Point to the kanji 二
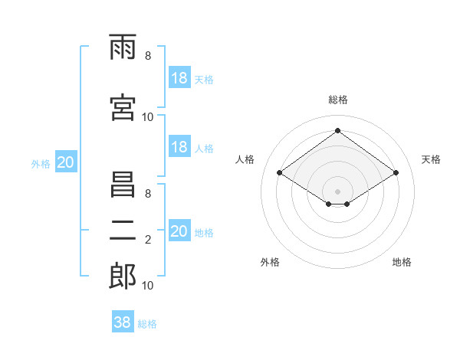[x=123, y=231]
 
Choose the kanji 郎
[x=123, y=277]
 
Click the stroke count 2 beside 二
[x=148, y=240]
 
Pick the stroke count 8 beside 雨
[x=148, y=56]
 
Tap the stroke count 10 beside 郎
[x=148, y=286]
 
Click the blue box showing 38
[x=123, y=322]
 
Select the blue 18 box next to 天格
[x=179, y=79]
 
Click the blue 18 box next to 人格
[x=179, y=147]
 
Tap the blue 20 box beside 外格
[x=66, y=162]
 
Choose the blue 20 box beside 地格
[x=179, y=231]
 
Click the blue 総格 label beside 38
[x=147, y=324]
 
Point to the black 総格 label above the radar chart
[x=337, y=100]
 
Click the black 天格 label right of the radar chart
[x=432, y=159]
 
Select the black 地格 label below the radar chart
[x=402, y=262]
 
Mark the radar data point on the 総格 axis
[x=337, y=131]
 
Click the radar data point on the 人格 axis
[x=280, y=173]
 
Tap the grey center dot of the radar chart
[x=337, y=190]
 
